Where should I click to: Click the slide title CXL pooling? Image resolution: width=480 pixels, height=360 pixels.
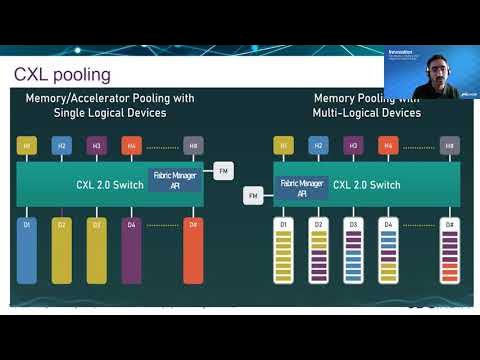click(x=62, y=75)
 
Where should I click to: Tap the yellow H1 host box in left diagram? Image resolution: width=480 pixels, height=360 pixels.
click(x=27, y=146)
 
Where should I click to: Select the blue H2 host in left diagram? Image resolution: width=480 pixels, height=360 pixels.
click(x=61, y=146)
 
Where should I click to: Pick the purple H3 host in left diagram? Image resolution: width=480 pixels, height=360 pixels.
click(x=96, y=146)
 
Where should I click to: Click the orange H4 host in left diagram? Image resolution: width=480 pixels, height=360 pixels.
click(x=130, y=146)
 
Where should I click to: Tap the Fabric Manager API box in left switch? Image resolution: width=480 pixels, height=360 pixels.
click(x=174, y=179)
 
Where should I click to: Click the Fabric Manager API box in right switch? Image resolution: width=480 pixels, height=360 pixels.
click(x=301, y=187)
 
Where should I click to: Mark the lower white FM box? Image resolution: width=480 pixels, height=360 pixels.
click(x=254, y=195)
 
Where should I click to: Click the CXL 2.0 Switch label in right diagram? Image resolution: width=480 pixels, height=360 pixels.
click(x=367, y=184)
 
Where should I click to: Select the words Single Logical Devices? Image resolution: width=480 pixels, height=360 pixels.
click(x=110, y=113)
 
